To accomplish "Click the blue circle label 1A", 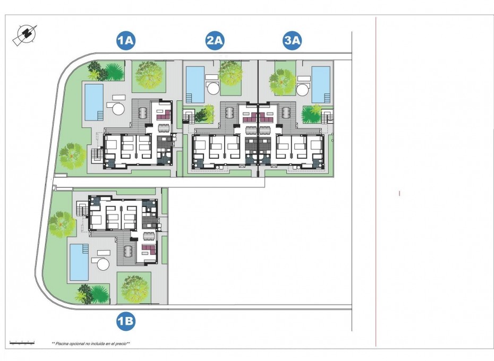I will (x=126, y=40).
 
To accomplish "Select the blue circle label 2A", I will (x=215, y=40).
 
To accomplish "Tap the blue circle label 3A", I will (x=292, y=40).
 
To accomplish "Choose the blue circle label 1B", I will (x=126, y=321).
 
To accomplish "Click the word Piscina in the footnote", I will (x=64, y=344).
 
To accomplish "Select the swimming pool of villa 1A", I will (x=94, y=102).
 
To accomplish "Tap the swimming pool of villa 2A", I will (x=195, y=84).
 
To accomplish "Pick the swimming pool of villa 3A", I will (x=320, y=84).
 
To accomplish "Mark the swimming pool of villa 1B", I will (x=79, y=262).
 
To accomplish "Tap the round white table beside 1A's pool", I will (x=117, y=109).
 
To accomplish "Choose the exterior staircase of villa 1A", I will (x=97, y=155).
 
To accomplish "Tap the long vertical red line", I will (x=376, y=180).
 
